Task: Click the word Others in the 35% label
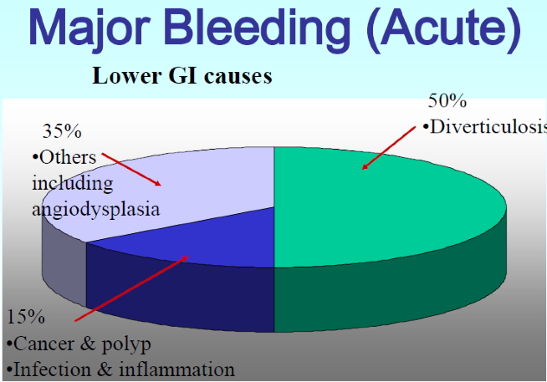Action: [68, 156]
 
